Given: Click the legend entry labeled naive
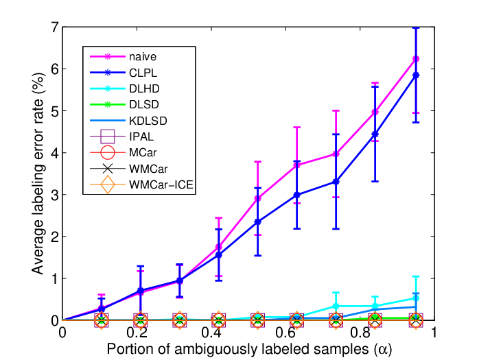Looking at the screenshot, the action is pyautogui.click(x=143, y=57).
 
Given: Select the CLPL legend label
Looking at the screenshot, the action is pyautogui.click(x=143, y=73).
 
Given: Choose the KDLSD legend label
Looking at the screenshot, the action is pyautogui.click(x=148, y=121).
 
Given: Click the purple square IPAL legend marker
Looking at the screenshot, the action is pyautogui.click(x=108, y=136).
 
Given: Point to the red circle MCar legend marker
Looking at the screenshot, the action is pyautogui.click(x=108, y=152).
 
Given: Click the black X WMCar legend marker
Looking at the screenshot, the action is pyautogui.click(x=108, y=169).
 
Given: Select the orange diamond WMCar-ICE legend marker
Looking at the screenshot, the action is pyautogui.click(x=108, y=184).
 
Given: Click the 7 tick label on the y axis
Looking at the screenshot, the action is pyautogui.click(x=55, y=27).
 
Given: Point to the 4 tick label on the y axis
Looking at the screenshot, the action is pyautogui.click(x=55, y=153).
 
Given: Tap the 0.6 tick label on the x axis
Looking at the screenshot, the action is pyautogui.click(x=285, y=333).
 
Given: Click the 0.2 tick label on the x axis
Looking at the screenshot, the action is pyautogui.click(x=137, y=333).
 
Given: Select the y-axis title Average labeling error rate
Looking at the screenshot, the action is pyautogui.click(x=38, y=173).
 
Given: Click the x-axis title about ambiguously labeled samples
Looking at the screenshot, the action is pyautogui.click(x=249, y=349).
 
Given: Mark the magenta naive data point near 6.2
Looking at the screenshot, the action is pyautogui.click(x=416, y=58).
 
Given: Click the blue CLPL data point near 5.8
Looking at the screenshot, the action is pyautogui.click(x=416, y=75).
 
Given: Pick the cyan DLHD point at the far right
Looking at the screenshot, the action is pyautogui.click(x=416, y=298).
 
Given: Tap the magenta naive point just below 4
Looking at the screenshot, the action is pyautogui.click(x=336, y=154).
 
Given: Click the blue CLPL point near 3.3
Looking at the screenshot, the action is pyautogui.click(x=336, y=182).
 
